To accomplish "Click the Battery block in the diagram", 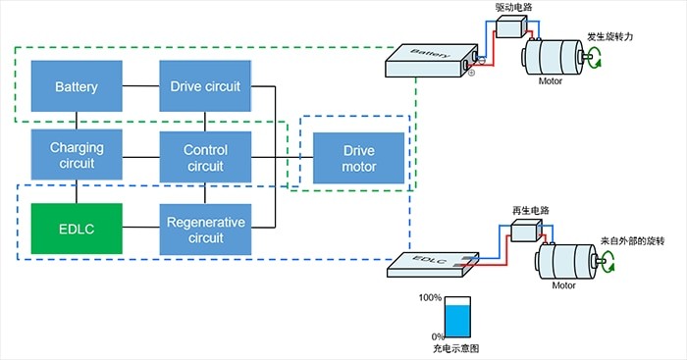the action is (77, 86).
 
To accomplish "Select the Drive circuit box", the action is (205, 86).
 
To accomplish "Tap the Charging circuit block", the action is (77, 155).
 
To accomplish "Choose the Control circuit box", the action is (205, 157).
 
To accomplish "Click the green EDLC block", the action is (77, 229).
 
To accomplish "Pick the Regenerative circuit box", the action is (205, 230).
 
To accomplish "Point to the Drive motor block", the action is (358, 158).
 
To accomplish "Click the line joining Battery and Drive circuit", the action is (140, 86).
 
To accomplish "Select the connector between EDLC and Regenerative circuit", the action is (140, 227).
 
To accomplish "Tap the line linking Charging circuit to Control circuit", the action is (140, 157).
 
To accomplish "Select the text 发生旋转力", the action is (610, 37).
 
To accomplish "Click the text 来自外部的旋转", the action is (632, 241).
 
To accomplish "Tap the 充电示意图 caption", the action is (455, 348).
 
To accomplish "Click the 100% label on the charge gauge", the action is (430, 298).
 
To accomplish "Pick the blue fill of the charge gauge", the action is (458, 322).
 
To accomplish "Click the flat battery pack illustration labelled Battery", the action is (432, 61).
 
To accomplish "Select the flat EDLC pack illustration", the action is (433, 265).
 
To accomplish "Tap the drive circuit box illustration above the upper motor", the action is (511, 26).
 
